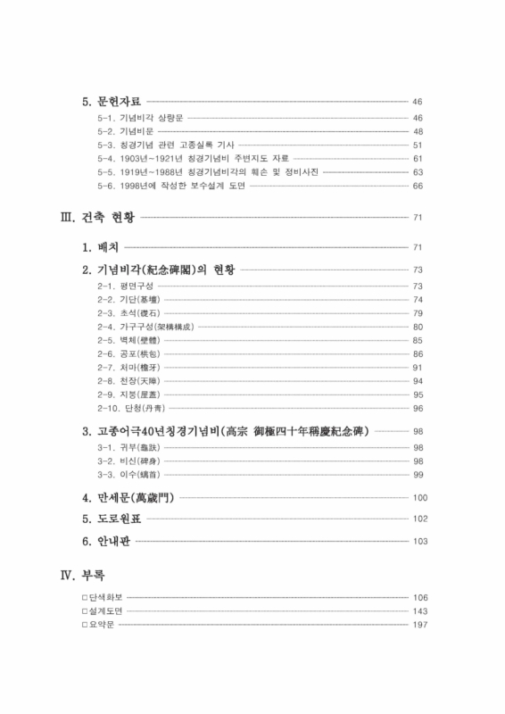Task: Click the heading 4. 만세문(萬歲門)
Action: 129,497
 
